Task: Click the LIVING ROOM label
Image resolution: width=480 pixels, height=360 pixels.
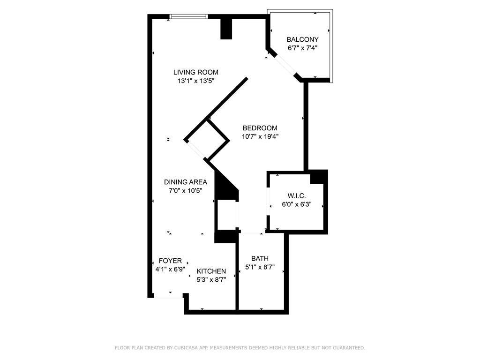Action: coord(195,72)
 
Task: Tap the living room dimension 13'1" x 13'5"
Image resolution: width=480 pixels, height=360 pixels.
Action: coord(195,81)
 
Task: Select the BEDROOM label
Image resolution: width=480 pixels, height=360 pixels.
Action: coord(260,128)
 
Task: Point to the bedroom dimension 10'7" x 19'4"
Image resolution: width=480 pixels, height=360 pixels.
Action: coord(260,137)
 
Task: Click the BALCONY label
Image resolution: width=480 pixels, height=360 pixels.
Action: coord(302,40)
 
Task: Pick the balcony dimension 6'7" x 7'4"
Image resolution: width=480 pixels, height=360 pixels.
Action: coord(302,48)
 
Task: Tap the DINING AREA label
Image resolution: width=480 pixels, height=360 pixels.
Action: coord(185,182)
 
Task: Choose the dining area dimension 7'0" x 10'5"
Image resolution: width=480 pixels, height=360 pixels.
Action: coord(185,191)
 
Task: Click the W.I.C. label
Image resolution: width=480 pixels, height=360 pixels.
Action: coord(297,196)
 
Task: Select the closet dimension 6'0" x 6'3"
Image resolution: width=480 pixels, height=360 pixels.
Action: coord(296,205)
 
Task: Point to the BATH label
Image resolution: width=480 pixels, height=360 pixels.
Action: coord(260,258)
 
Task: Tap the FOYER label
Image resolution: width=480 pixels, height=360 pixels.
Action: coord(170,261)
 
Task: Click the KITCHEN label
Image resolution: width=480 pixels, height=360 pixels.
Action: coord(211,271)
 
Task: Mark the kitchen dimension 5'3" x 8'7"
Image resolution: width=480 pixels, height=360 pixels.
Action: coord(211,280)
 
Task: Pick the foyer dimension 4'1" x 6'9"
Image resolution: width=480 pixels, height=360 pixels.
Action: coord(170,270)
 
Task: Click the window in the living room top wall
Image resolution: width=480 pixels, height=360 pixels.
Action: coord(188,16)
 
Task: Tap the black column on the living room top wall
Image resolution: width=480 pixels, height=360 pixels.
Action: coord(226,28)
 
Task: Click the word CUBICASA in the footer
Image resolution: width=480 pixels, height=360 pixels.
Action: coord(180,348)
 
